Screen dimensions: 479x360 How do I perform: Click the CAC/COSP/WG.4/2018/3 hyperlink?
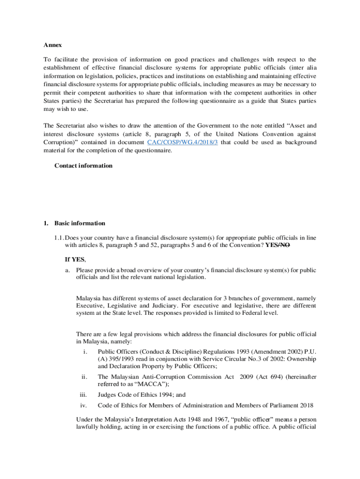pos(182,142)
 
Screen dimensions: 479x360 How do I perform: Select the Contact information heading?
pos(83,166)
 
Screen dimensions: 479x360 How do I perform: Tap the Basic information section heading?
pos(79,223)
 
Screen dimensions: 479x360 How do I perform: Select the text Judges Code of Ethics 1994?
pos(131,394)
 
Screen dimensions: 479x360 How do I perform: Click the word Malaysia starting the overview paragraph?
pos(90,298)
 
